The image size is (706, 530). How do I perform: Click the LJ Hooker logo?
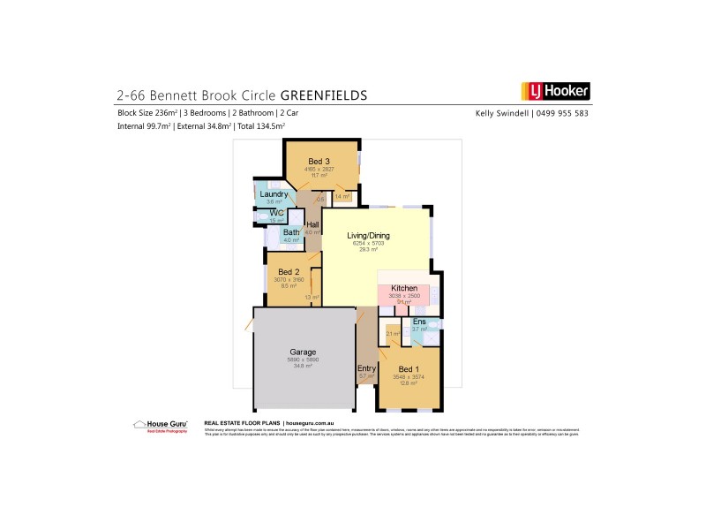coord(555,91)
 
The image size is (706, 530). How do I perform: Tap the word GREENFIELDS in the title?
coord(324,94)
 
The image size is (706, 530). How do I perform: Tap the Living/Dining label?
coord(368,236)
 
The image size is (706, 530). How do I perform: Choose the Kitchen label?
coord(404,289)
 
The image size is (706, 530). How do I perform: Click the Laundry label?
coord(274,194)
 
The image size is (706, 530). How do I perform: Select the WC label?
coord(275,213)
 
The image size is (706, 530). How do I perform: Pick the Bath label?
coord(290,232)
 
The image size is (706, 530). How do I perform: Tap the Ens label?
coord(419,322)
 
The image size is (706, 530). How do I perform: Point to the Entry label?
coord(366,368)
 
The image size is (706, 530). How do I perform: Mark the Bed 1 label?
coord(409,368)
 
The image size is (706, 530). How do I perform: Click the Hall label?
coord(312,225)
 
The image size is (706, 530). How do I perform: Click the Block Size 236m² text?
coord(148,114)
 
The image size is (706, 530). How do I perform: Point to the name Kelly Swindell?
coord(502,114)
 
